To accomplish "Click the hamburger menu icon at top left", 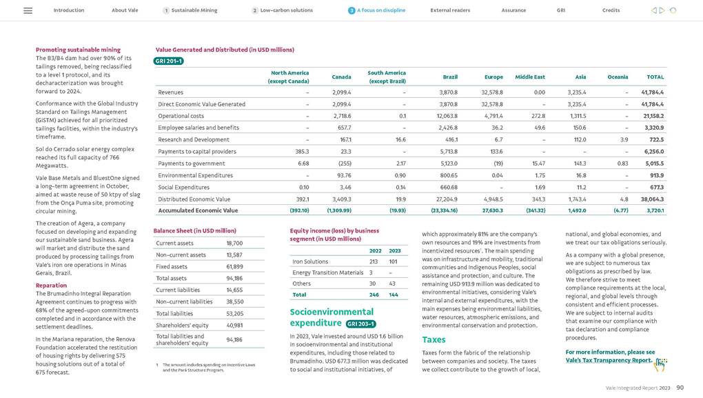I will pos(28,10).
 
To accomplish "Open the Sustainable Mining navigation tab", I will pos(194,10).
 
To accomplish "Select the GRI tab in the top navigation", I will pos(561,10).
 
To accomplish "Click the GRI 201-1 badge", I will pos(169,61).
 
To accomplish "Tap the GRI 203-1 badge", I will pos(360,323).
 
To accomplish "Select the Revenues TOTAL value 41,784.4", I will pos(651,92).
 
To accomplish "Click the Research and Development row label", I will pos(184,139).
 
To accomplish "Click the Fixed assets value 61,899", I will pos(234,266).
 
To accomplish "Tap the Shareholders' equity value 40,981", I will pos(234,326).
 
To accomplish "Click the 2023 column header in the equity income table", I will pos(395,250).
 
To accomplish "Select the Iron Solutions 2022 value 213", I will pos(373,261).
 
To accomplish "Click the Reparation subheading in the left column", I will pos(51,285).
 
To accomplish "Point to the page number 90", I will pos(680,388).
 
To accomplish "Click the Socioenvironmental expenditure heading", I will pos(316,317).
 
